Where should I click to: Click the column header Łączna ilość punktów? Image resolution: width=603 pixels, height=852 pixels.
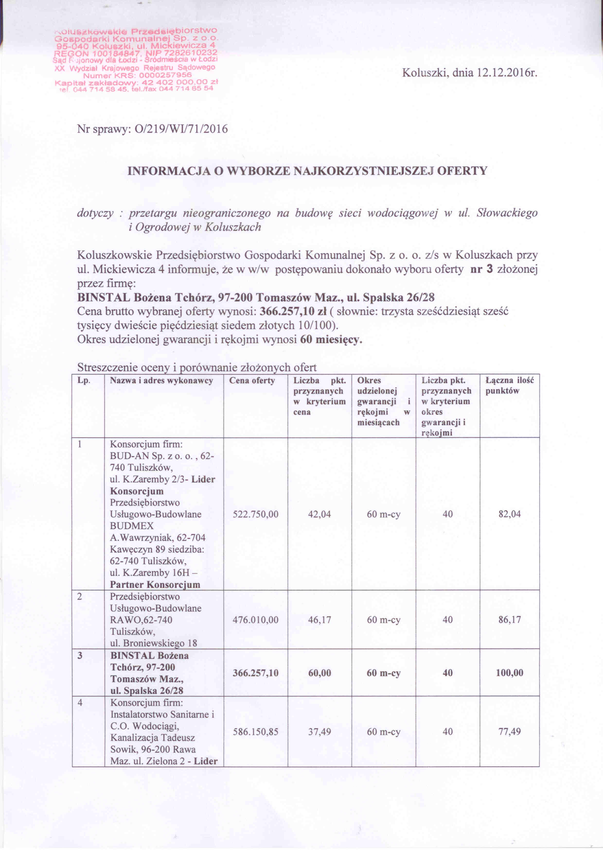(509, 386)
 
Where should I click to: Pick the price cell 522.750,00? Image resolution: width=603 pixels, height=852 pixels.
(256, 514)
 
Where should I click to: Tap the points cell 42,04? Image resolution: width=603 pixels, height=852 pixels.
(319, 514)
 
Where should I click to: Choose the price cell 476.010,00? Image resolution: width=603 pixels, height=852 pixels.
(256, 620)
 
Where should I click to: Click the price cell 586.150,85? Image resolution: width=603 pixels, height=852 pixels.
(256, 732)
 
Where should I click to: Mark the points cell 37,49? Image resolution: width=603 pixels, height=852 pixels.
(319, 732)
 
